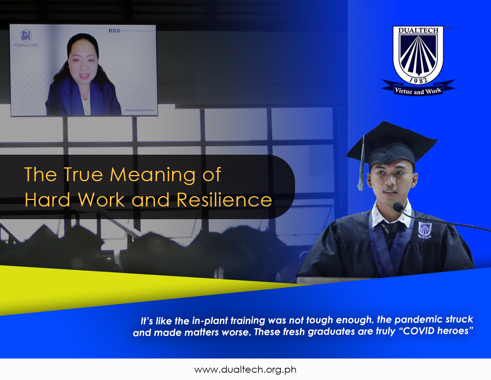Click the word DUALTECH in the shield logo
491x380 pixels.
coord(418,30)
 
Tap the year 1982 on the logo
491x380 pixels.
coord(418,79)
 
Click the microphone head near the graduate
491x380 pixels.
coord(398,207)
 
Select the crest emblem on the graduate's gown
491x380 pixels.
coord(425,230)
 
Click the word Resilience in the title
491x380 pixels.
coord(224,200)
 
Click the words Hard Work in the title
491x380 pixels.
coord(75,200)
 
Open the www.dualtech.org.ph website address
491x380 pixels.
coord(245,370)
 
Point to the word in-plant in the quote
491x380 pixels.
coord(209,321)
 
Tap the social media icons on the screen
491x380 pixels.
coord(114,31)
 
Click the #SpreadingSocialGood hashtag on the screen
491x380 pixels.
coord(140,110)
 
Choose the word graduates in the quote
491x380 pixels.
coord(331,332)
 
